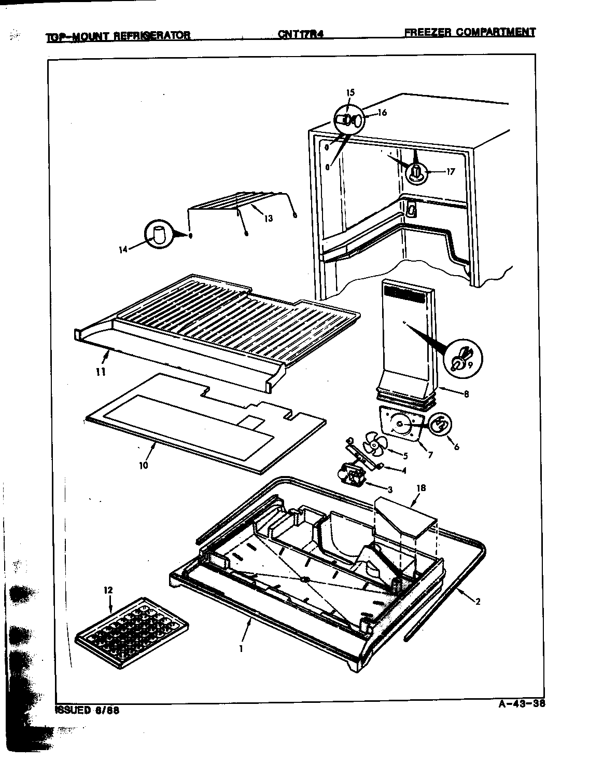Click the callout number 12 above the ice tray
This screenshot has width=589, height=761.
[x=108, y=590]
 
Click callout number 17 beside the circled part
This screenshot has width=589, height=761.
[x=450, y=172]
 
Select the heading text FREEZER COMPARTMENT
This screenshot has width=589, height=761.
[x=469, y=32]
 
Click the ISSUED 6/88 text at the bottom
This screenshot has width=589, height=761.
[x=88, y=710]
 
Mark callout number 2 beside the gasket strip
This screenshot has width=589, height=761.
[x=478, y=602]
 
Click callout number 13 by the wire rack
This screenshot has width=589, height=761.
[x=268, y=219]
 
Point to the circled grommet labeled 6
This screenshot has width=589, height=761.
[x=439, y=424]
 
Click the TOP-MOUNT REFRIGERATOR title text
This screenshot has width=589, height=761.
[x=118, y=36]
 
